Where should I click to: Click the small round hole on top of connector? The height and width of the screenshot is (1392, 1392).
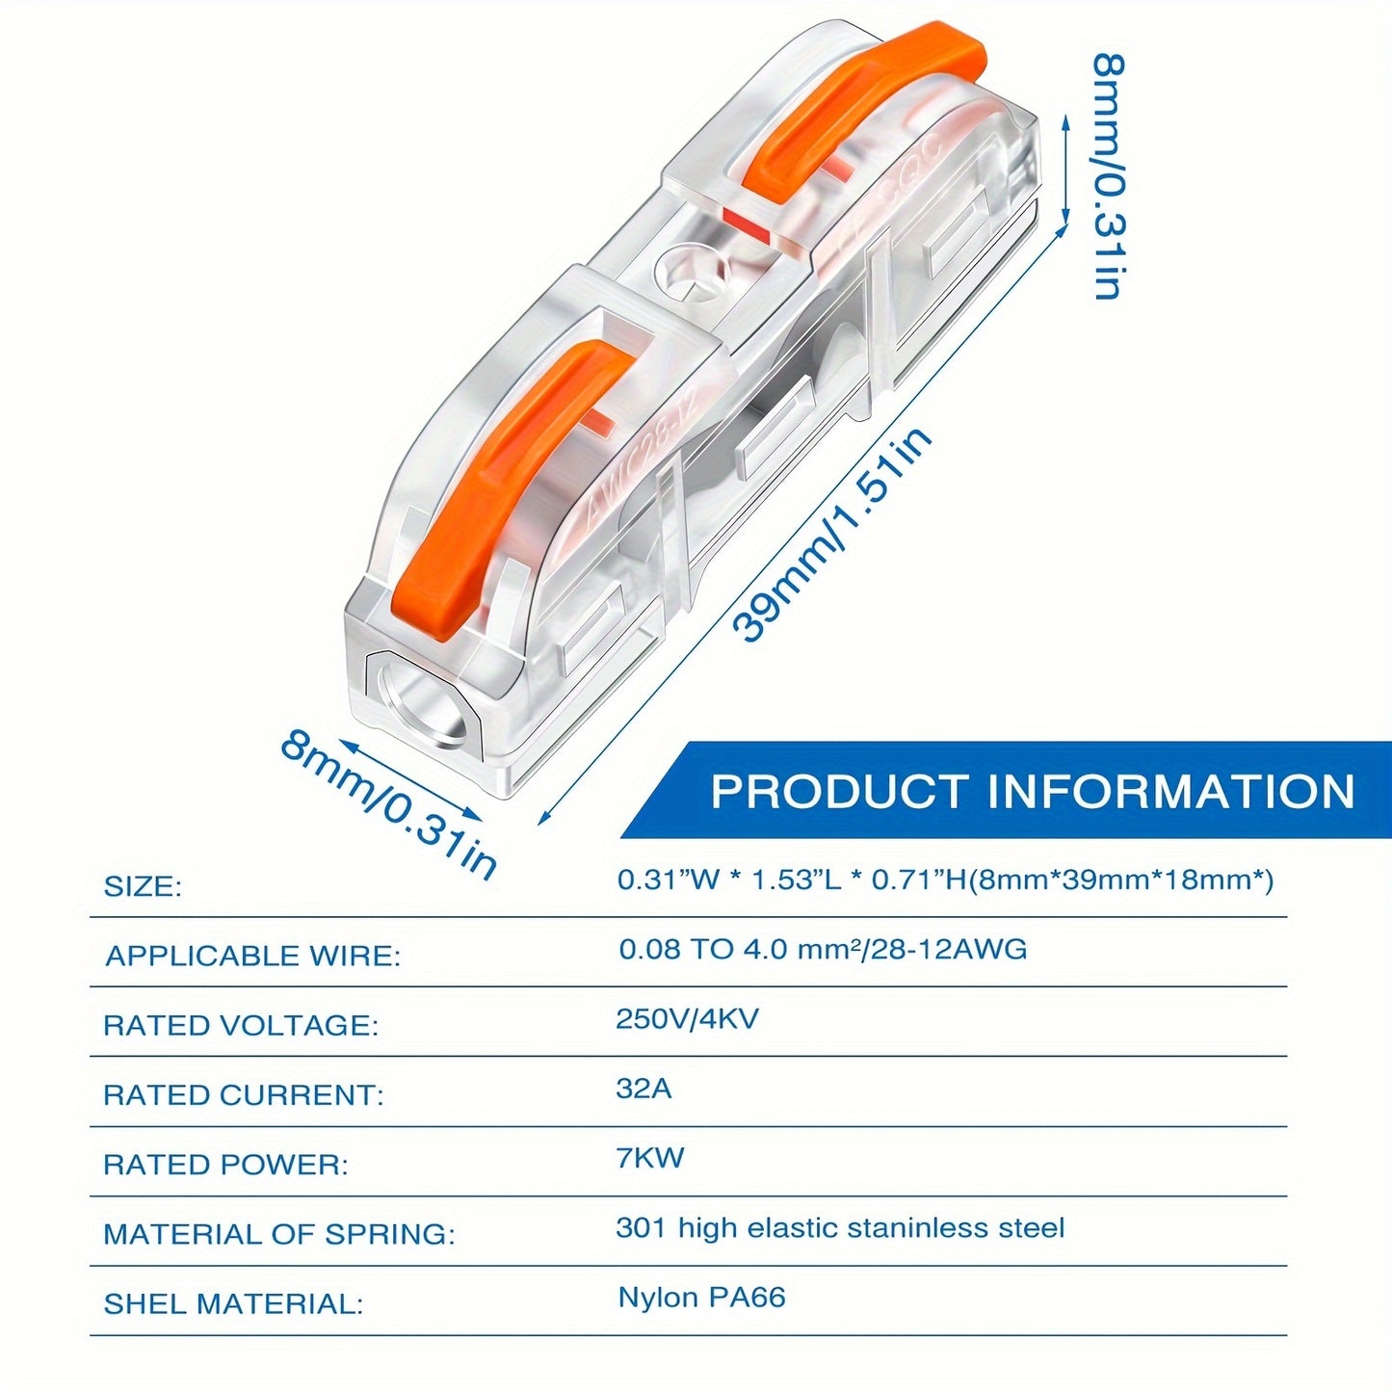690,271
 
